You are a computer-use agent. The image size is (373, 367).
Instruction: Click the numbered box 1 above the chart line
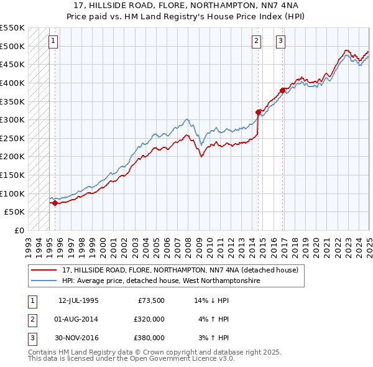53,41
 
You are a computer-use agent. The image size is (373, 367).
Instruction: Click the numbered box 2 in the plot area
256,41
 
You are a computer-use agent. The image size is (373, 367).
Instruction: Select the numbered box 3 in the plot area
281,41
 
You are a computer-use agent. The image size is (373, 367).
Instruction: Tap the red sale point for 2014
259,113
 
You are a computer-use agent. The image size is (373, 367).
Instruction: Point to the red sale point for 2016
283,90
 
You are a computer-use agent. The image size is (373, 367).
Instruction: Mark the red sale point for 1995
55,203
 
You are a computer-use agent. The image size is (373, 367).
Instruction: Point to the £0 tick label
19,230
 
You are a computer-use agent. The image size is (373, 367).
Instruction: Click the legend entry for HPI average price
160,281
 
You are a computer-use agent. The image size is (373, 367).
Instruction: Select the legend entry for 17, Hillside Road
180,270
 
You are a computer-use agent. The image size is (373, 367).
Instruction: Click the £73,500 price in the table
151,300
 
